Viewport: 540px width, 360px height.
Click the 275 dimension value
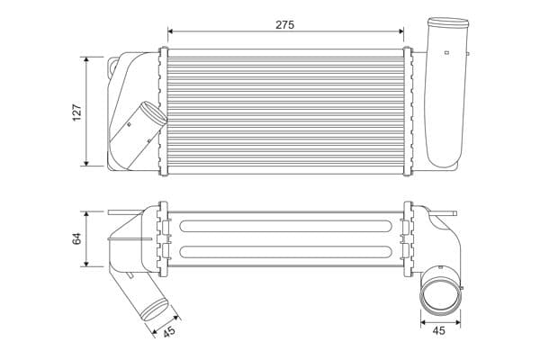(284, 25)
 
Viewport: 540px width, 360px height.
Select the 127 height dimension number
(76, 112)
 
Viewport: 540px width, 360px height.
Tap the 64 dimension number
(76, 238)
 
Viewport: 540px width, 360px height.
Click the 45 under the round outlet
(439, 330)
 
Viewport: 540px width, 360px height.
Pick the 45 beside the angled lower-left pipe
(168, 332)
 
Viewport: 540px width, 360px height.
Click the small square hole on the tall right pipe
(446, 52)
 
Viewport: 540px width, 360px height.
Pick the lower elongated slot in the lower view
(284, 252)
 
